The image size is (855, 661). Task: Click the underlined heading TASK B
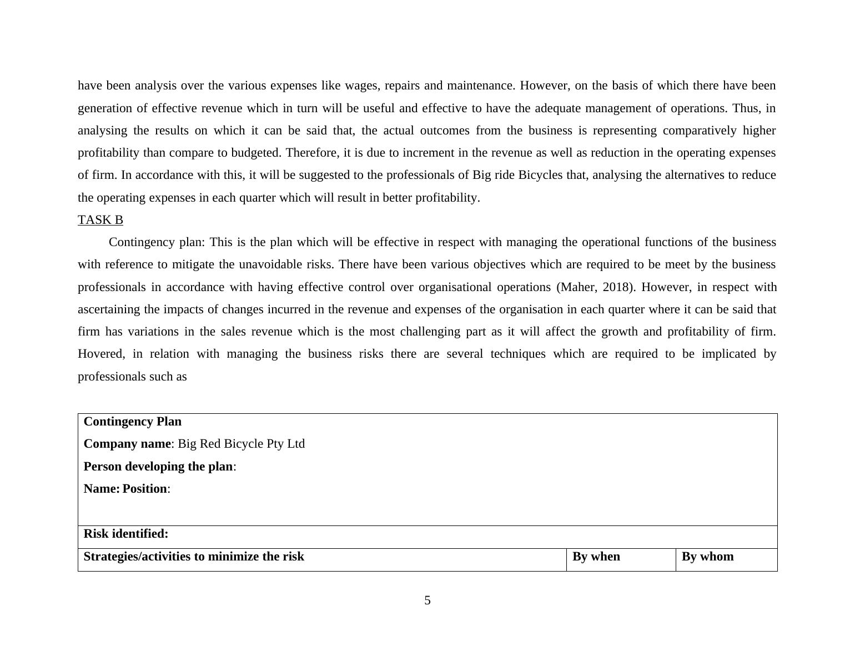coord(100,220)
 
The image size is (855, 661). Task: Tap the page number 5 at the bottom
coord(428,600)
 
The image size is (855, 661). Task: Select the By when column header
coord(596,557)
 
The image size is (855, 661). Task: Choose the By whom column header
coord(707,557)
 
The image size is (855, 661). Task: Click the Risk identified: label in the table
coord(125,534)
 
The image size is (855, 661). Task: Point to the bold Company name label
coord(127,444)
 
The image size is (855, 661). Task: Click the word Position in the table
coord(144,489)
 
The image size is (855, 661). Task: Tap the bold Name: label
coord(102,489)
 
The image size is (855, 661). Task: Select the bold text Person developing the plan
coord(158,467)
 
